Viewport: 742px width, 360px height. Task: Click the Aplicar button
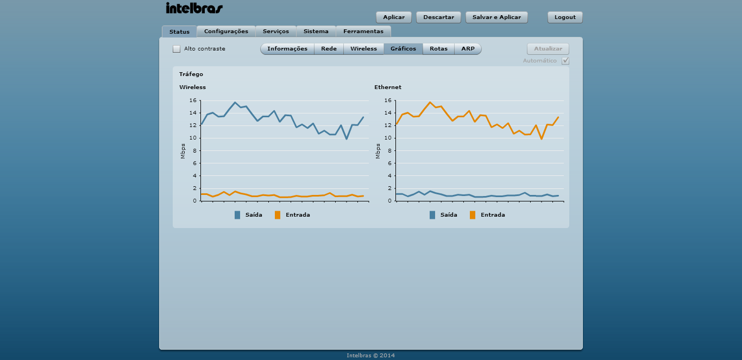394,17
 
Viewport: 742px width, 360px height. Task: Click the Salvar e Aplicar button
496,17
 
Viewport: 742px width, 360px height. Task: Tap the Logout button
565,17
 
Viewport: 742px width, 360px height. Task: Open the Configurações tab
226,31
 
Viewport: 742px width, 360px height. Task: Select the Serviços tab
276,31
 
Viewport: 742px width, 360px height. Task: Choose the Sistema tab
316,31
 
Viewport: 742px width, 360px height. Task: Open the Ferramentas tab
363,31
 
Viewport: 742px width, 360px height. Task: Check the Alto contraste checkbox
177,49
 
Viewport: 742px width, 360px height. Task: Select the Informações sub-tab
287,49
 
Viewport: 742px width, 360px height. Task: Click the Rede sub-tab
329,49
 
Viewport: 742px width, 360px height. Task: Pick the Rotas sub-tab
438,49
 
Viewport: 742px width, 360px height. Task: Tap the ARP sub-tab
468,49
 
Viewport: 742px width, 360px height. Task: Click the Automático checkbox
565,61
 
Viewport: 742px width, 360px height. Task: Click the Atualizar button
548,49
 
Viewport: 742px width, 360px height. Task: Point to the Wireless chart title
193,87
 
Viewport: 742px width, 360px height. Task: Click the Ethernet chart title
388,87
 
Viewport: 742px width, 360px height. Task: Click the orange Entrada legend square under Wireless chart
278,215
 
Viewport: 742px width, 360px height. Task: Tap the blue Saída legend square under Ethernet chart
432,215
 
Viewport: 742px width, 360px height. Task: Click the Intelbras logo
194,8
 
